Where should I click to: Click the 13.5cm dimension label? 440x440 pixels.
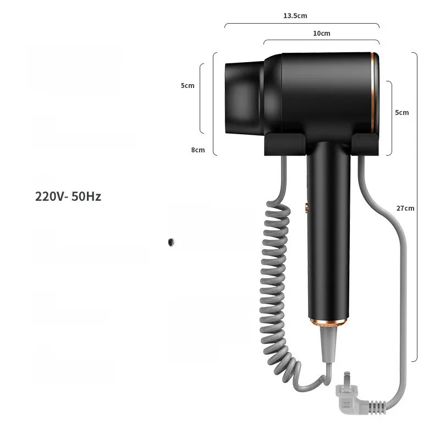295,16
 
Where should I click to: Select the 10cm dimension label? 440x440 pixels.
322,34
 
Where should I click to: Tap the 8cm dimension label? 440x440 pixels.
198,150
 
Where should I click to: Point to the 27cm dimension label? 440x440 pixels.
405,208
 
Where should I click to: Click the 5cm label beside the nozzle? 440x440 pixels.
188,86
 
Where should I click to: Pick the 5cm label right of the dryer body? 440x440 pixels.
402,113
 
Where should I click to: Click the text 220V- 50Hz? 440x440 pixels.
68,196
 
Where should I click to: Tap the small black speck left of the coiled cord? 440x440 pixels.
171,242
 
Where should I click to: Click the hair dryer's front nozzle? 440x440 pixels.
244,98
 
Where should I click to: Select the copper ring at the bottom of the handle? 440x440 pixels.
328,322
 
